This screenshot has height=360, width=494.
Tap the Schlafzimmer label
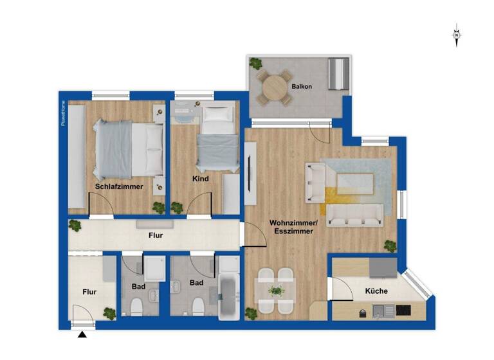119,186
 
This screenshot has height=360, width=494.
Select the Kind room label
200,179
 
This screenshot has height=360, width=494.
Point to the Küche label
376,291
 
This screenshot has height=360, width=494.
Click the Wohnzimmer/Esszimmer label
291,227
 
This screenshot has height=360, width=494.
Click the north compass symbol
456,35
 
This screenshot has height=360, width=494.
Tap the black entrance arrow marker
82,334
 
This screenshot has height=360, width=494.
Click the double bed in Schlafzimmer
129,150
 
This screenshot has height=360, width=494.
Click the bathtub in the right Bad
228,296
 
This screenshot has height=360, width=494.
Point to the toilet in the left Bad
136,305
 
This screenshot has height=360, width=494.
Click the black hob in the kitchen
403,311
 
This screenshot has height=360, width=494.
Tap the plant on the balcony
256,64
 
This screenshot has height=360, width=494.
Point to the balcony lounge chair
338,74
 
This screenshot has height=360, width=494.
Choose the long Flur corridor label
154,236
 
